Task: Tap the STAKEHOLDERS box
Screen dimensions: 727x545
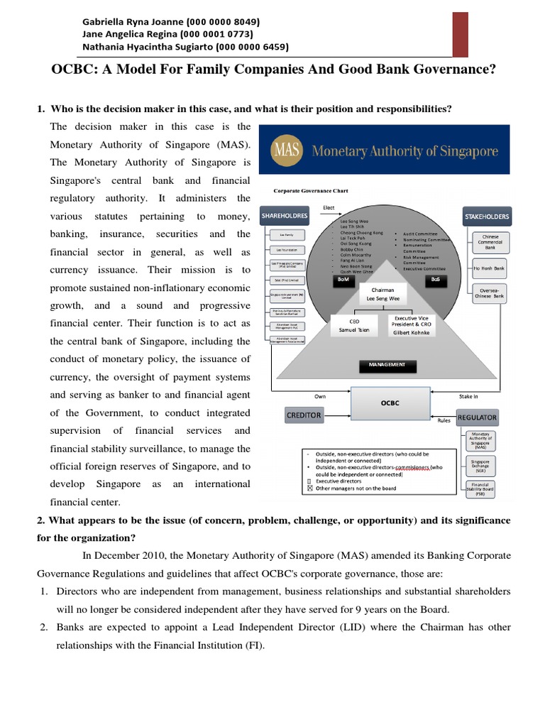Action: click(x=487, y=215)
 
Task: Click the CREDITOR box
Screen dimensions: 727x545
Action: click(x=304, y=414)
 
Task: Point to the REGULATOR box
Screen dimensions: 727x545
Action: click(x=478, y=417)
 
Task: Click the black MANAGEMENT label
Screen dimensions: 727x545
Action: click(x=386, y=365)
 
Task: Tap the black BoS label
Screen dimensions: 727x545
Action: click(x=436, y=280)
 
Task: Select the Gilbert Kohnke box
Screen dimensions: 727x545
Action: click(x=411, y=326)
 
